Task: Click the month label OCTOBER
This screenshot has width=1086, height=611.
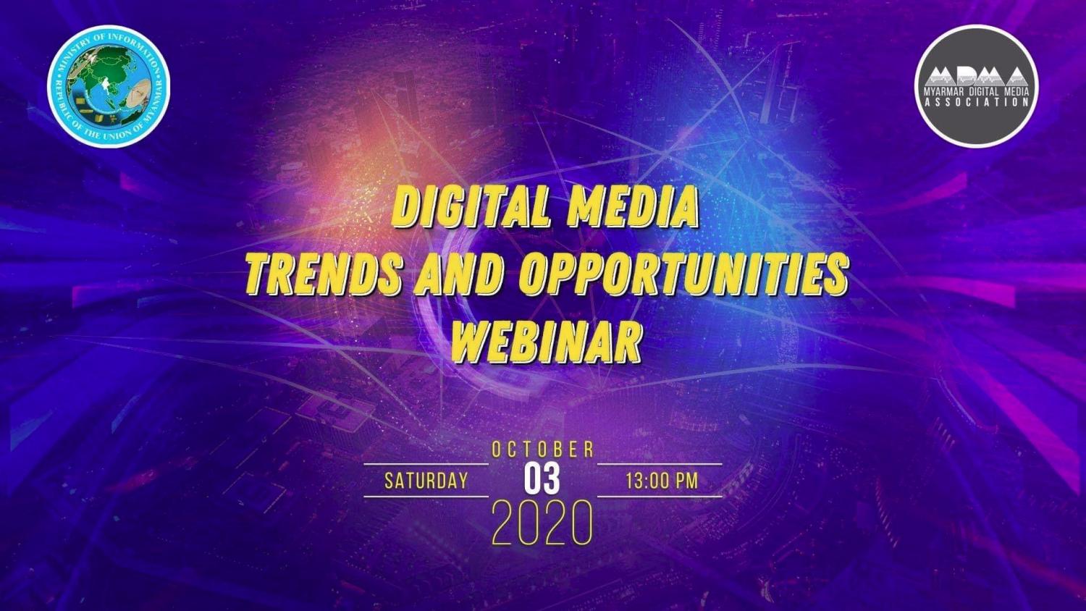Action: (x=542, y=450)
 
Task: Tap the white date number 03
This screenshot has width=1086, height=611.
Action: (x=542, y=479)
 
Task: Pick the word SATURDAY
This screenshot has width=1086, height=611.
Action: (x=426, y=481)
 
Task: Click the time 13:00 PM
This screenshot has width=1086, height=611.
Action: (x=662, y=481)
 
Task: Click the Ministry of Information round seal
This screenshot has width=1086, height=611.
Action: (x=108, y=87)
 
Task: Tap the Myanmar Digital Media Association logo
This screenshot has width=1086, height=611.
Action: (x=976, y=86)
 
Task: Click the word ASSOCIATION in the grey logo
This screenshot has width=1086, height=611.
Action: (x=976, y=102)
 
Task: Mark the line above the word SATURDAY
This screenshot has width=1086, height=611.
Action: (x=426, y=464)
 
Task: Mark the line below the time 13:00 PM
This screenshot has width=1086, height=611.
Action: (x=660, y=497)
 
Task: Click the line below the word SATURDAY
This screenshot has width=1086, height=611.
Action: (x=426, y=497)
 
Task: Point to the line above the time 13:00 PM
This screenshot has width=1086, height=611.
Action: (x=660, y=464)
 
